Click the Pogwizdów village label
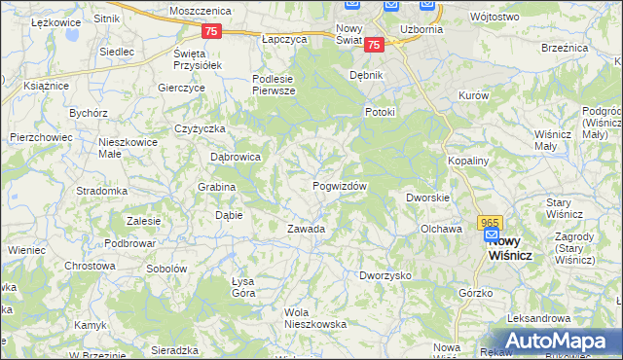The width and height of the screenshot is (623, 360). point(340,186)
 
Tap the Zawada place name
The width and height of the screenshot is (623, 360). point(305,230)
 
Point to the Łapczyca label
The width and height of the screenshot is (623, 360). point(284,40)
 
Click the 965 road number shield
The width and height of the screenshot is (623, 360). point(491,222)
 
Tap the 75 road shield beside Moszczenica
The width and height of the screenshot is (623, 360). point(213,31)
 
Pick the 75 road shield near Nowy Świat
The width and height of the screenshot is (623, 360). point(376,44)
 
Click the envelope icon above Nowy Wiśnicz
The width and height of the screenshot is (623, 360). point(492,235)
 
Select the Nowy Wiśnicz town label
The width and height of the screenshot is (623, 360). point(515,247)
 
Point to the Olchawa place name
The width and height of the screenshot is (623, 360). point(440,230)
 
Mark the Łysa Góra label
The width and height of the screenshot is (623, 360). point(243,287)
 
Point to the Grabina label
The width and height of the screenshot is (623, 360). point(216,187)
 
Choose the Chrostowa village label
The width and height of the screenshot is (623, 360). point(90,266)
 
